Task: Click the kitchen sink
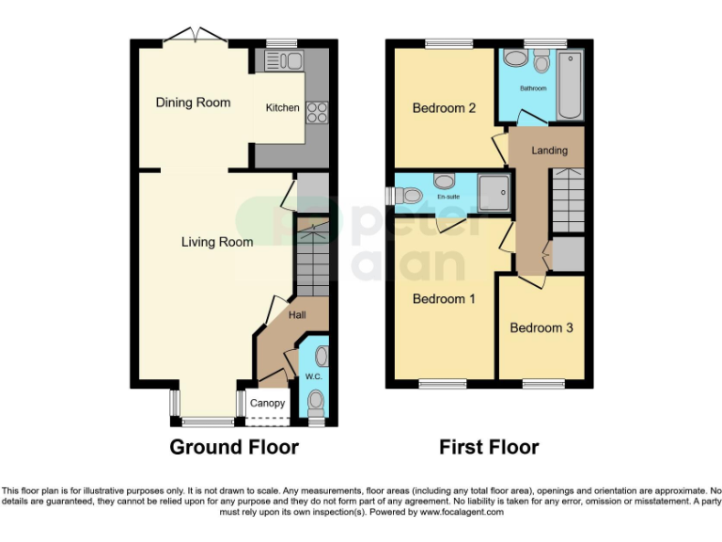pyautogui.click(x=282, y=62)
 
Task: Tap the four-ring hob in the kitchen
pyautogui.click(x=317, y=112)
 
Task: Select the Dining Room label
pyautogui.click(x=193, y=103)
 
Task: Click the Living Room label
pyautogui.click(x=217, y=242)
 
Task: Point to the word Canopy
pyautogui.click(x=268, y=404)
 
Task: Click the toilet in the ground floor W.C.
pyautogui.click(x=315, y=403)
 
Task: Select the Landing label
pyautogui.click(x=549, y=151)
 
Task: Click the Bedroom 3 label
pyautogui.click(x=541, y=328)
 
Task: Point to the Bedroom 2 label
pyautogui.click(x=444, y=108)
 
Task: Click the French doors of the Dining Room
pyautogui.click(x=194, y=40)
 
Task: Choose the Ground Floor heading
pyautogui.click(x=234, y=447)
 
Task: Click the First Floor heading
pyautogui.click(x=489, y=447)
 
